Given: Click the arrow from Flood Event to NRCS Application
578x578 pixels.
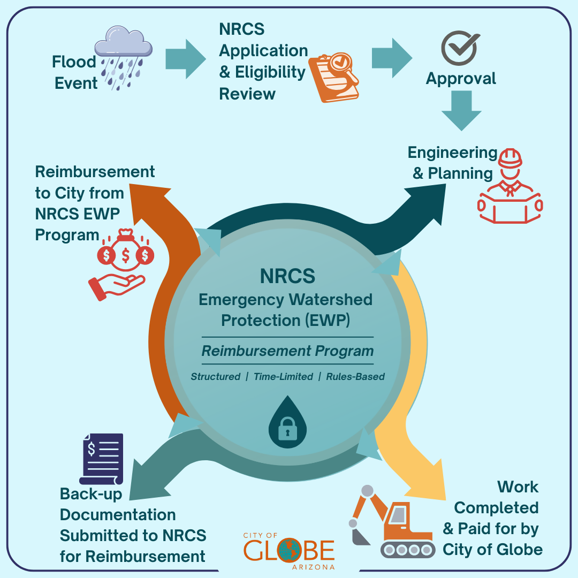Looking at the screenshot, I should click(185, 58).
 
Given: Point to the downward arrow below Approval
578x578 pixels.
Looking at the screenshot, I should click(461, 110).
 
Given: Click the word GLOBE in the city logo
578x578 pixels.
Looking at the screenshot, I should click(289, 551).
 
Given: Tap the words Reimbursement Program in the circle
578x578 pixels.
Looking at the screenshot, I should click(287, 351).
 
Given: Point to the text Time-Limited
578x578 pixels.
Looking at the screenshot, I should click(283, 377).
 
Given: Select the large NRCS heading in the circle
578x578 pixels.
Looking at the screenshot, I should click(287, 276).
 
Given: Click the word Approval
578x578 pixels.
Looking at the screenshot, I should click(461, 79).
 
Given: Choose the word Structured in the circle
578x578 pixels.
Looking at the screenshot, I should click(215, 377).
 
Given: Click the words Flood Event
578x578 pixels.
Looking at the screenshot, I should click(74, 73).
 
